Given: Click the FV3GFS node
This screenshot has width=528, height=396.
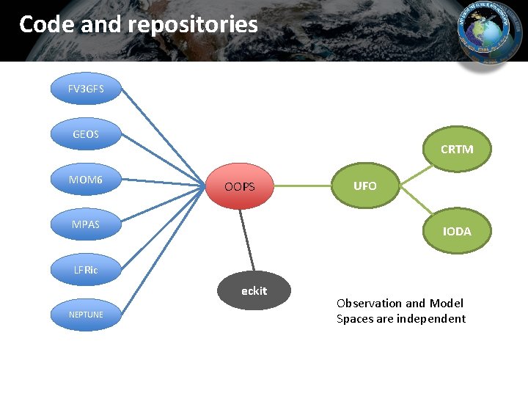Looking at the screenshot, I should point(86,89).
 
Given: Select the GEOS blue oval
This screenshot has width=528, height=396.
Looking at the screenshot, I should point(86,134).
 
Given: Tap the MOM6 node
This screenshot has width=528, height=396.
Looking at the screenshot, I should point(86,180).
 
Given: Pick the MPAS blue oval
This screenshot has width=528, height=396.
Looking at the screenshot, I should point(86,224).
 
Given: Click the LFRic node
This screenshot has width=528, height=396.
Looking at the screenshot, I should point(86,270).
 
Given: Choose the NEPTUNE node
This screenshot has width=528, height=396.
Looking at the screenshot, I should point(86,315).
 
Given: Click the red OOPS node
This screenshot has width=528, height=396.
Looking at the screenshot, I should point(240,187).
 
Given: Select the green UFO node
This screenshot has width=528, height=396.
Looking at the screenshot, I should point(364,186).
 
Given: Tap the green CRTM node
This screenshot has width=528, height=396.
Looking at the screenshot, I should point(456,150).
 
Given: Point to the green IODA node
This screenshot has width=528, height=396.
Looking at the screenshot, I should point(456,231).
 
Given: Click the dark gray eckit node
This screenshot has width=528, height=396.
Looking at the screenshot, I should point(254,291).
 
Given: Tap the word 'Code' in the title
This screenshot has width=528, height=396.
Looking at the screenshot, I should point(47,25).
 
